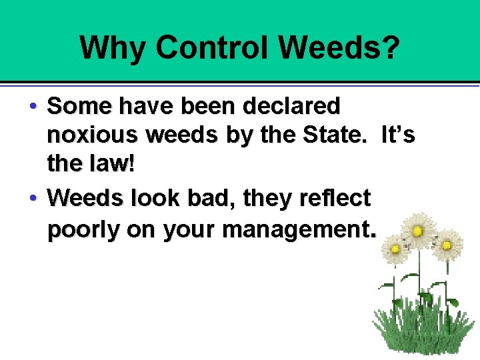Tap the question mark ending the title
393,48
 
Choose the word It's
398,136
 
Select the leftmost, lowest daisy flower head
395,249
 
